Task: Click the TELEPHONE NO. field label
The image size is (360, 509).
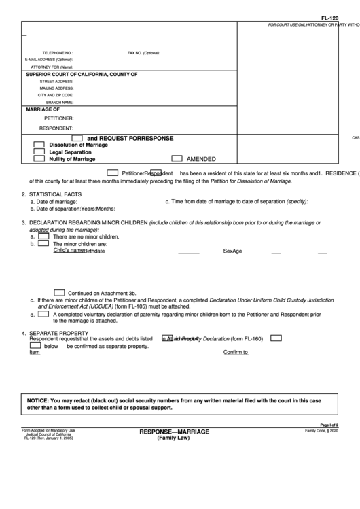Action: coord(58,52)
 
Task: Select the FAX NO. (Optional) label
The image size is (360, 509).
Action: coord(143,52)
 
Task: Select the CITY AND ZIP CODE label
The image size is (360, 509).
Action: coord(56,95)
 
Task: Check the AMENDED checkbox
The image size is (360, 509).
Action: coord(177,158)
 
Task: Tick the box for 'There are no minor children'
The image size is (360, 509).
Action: coord(43,236)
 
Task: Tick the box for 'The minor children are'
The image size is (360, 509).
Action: coord(43,243)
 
